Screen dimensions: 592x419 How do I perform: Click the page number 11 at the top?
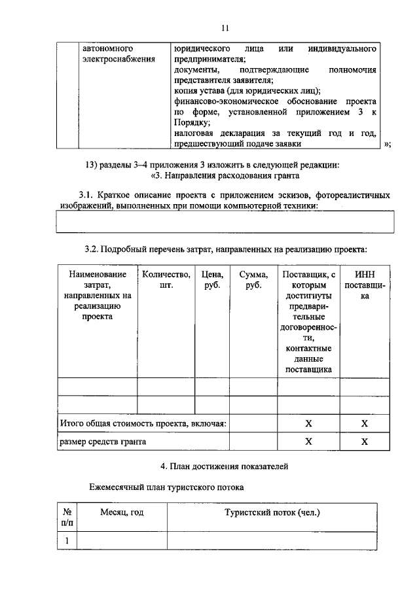pyautogui.click(x=225, y=27)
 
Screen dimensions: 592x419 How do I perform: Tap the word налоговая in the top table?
pyautogui.click(x=195, y=133)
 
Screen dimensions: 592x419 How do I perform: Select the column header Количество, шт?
pyautogui.click(x=166, y=280)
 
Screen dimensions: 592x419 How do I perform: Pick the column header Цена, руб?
pyautogui.click(x=213, y=280)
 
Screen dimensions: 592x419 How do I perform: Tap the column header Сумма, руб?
pyautogui.click(x=253, y=280)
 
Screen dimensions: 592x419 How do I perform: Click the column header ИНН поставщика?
pyautogui.click(x=365, y=285)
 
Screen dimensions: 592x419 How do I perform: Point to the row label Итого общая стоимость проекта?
pyautogui.click(x=143, y=424)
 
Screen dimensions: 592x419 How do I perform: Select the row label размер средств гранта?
pyautogui.click(x=103, y=442)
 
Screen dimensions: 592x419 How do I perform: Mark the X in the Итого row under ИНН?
pyautogui.click(x=365, y=424)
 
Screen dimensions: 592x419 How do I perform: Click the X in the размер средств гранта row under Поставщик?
pyautogui.click(x=308, y=442)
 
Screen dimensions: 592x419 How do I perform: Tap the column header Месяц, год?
pyautogui.click(x=122, y=513)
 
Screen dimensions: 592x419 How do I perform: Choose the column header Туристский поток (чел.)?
pyautogui.click(x=272, y=513)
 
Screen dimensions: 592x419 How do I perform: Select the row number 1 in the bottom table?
pyautogui.click(x=67, y=540)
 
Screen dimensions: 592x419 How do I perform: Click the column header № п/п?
pyautogui.click(x=67, y=518)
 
